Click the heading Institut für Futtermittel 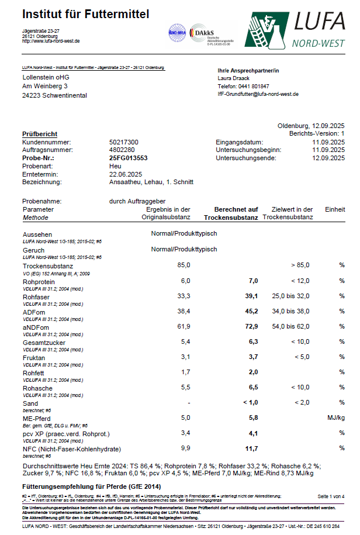85,13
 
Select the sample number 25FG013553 129,158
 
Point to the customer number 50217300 124,142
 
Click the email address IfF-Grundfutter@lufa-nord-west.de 258,94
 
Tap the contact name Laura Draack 234,78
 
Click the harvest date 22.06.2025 126,174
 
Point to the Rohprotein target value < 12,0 296,281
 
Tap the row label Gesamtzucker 40,343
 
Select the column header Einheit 334,209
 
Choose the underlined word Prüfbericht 39,134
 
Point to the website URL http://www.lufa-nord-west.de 51,41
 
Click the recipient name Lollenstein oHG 46,77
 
